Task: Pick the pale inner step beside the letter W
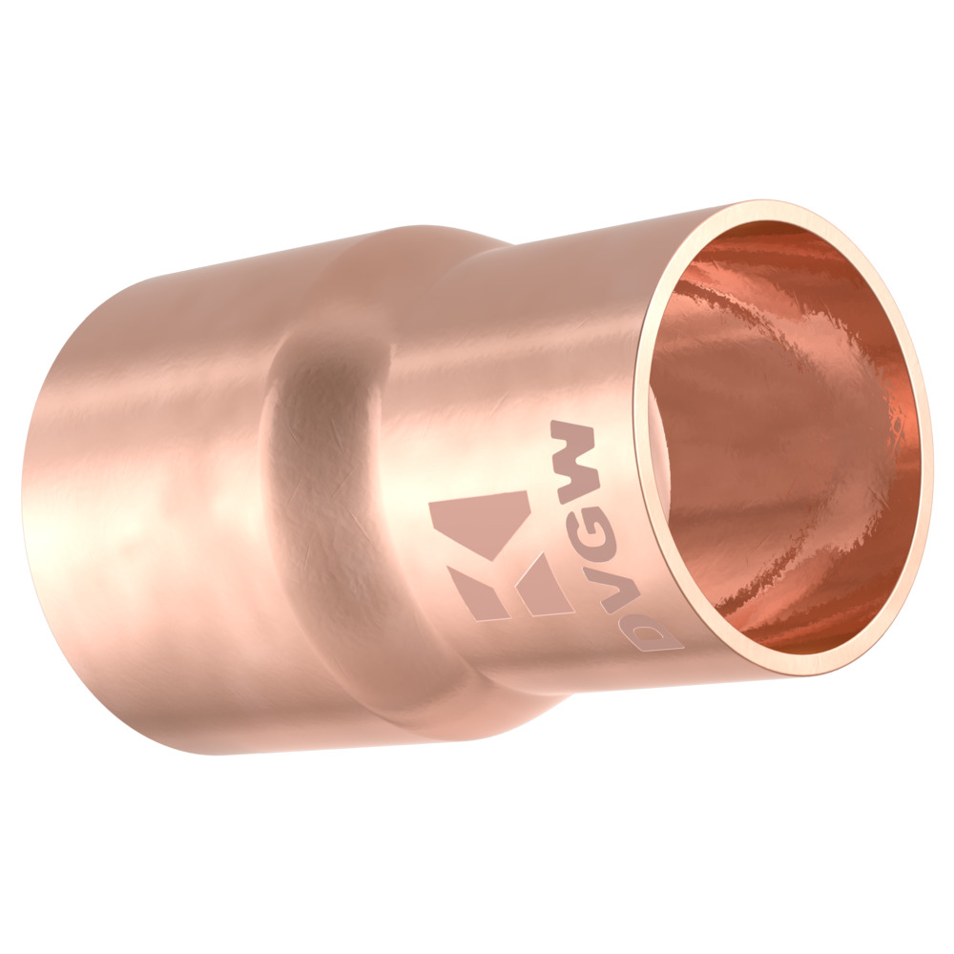(661, 448)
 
